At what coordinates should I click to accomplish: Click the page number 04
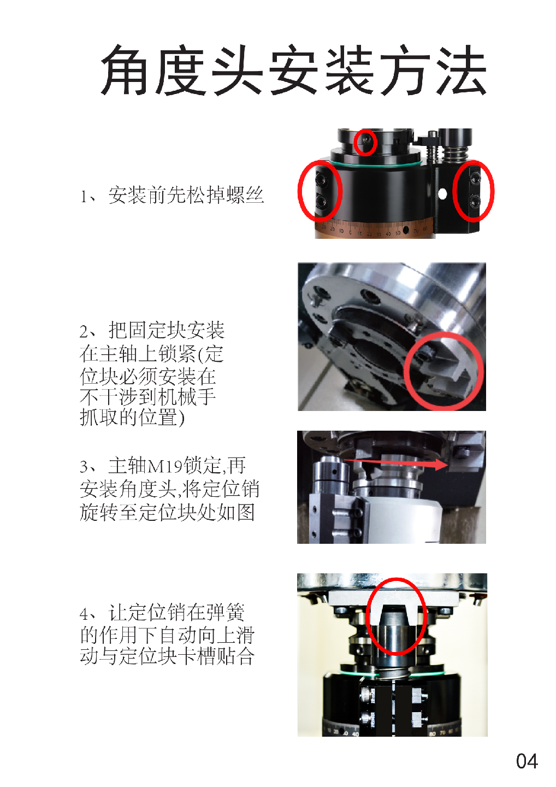tap(527, 761)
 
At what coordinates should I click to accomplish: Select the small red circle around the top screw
tap(365, 142)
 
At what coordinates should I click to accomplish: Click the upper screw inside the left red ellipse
tap(321, 179)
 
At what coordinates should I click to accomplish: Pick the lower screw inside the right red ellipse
tap(474, 201)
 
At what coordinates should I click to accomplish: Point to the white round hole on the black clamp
tap(442, 193)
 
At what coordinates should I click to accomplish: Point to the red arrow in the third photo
tap(395, 462)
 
